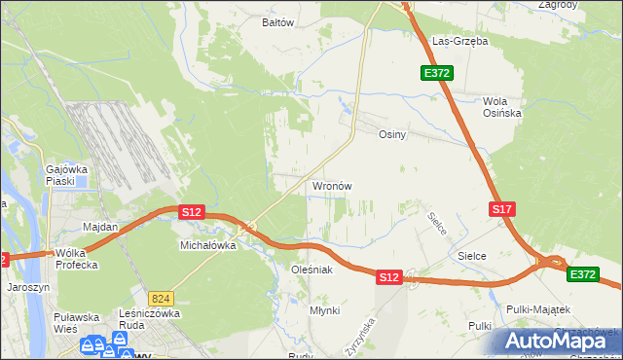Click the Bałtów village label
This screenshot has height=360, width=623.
click(278, 21)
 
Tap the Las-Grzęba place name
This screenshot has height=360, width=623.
click(459, 42)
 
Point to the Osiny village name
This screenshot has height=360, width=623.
click(391, 135)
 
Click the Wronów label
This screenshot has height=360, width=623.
click(331, 185)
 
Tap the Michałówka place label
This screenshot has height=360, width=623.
click(208, 246)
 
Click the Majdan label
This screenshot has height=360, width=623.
click(100, 227)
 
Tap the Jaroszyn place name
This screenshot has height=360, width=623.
click(28, 288)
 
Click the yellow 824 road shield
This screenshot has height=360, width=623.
click(162, 298)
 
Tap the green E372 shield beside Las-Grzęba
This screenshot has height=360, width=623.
click(436, 73)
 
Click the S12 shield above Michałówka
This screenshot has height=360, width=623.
click(191, 211)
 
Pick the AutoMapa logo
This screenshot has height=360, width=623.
click(560, 341)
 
